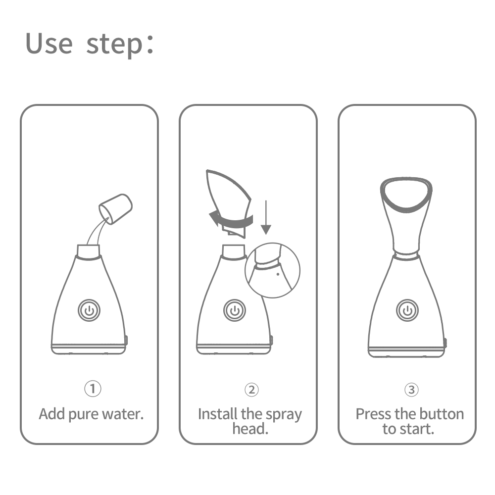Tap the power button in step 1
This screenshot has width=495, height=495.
point(89,310)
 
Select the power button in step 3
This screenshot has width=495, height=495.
point(407,310)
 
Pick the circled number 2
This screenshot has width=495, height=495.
point(251,390)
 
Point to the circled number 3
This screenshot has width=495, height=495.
point(411,390)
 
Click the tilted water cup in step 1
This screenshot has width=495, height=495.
point(117,208)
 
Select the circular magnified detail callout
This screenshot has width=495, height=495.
point(273,270)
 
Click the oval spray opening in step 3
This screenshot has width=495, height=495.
point(406,193)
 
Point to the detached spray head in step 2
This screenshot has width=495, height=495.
point(229,196)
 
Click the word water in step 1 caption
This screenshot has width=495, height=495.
point(121,414)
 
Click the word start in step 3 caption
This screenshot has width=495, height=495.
point(419,429)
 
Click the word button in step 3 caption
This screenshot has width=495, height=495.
point(440,414)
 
